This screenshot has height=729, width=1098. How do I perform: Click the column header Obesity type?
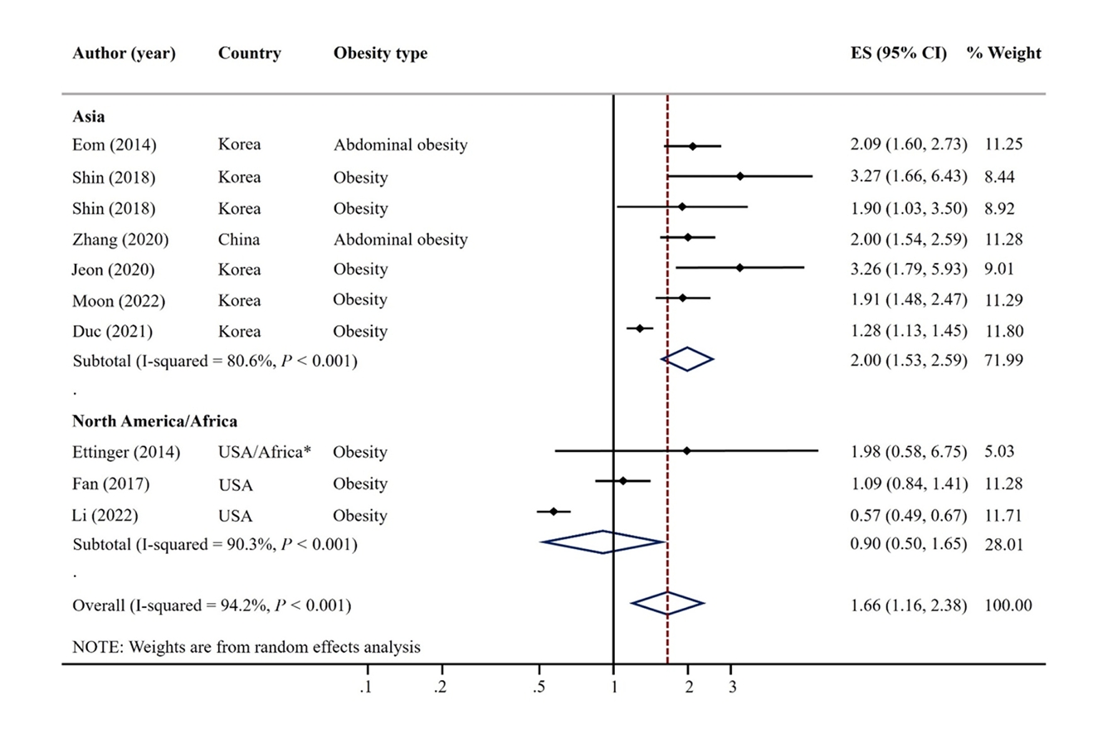pos(380,54)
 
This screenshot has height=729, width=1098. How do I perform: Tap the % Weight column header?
pos(1003,54)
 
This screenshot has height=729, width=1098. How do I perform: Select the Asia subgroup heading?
pos(89,116)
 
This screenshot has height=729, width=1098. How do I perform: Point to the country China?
pos(239,240)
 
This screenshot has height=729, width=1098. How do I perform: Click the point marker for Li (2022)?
pos(554,512)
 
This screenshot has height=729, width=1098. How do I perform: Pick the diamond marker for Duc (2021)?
pos(640,329)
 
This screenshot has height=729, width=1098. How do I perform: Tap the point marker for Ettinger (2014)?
pos(686,450)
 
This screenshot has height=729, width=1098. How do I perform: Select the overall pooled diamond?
pos(667,604)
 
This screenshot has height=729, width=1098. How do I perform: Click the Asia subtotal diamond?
pos(687,359)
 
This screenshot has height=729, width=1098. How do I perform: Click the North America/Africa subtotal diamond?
pos(603,542)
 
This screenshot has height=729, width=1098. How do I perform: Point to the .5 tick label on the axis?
pos(539,687)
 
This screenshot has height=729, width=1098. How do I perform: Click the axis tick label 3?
pos(731,687)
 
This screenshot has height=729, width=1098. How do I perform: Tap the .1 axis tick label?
pos(365,687)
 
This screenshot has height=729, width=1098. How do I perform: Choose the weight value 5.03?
pos(1000,452)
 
